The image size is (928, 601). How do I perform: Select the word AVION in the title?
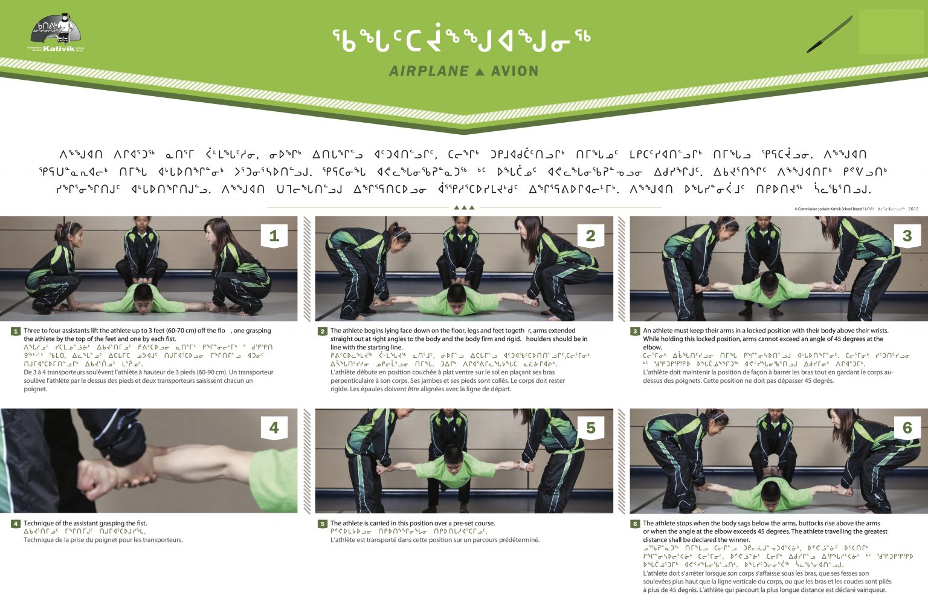click(x=514, y=71)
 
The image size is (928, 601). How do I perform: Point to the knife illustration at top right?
click(x=829, y=35)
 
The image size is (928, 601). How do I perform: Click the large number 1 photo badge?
click(x=274, y=236)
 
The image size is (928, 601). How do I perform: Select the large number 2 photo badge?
click(x=590, y=236)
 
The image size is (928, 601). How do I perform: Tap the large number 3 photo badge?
click(x=906, y=236)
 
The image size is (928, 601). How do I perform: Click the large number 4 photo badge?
click(x=274, y=428)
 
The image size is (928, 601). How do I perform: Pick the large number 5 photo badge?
click(x=590, y=428)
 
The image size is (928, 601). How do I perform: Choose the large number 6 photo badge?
click(x=906, y=428)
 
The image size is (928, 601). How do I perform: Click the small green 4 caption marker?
click(x=16, y=524)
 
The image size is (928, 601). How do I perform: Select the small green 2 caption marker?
click(x=323, y=331)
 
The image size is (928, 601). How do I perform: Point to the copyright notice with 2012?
click(x=856, y=209)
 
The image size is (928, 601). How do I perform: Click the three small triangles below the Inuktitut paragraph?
click(x=464, y=207)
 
